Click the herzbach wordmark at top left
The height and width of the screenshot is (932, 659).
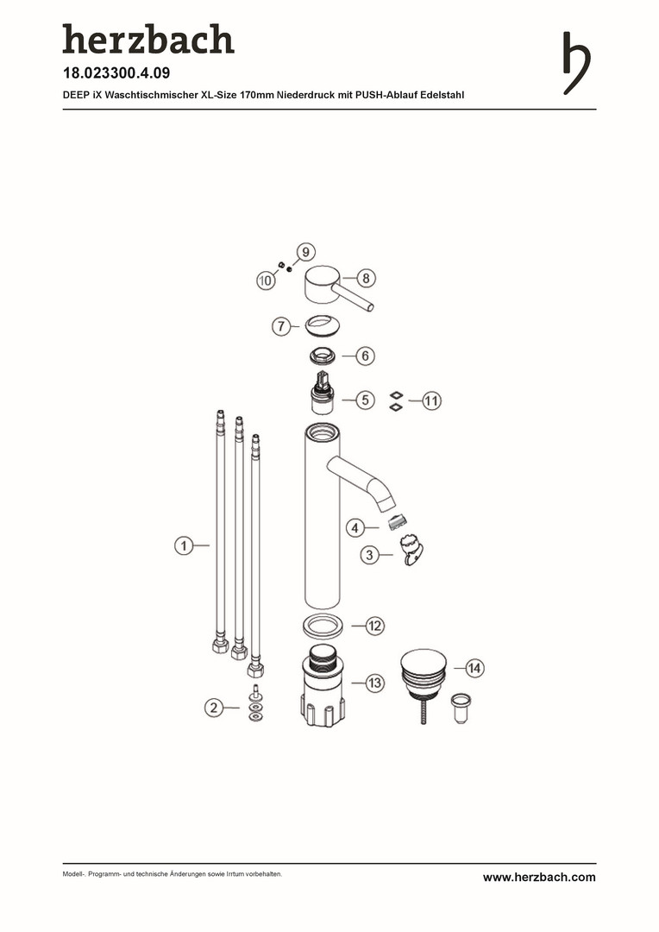click(148, 39)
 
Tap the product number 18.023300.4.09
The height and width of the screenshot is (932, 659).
click(116, 73)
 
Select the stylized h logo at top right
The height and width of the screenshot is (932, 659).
click(576, 63)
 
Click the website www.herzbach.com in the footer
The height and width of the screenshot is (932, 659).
click(539, 878)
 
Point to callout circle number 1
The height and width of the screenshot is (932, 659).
click(185, 545)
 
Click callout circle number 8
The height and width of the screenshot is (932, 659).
click(366, 278)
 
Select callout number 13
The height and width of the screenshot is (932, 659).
click(374, 683)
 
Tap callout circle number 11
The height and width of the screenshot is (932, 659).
click(431, 400)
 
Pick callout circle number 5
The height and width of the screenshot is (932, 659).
click(365, 400)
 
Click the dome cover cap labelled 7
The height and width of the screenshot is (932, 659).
click(322, 324)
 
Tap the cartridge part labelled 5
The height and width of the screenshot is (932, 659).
click(323, 393)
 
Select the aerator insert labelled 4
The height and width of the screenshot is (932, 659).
click(397, 523)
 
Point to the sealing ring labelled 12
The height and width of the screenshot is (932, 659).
click(323, 626)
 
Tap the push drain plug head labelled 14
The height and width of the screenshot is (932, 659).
click(424, 667)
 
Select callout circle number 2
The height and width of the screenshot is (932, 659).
click(214, 708)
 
